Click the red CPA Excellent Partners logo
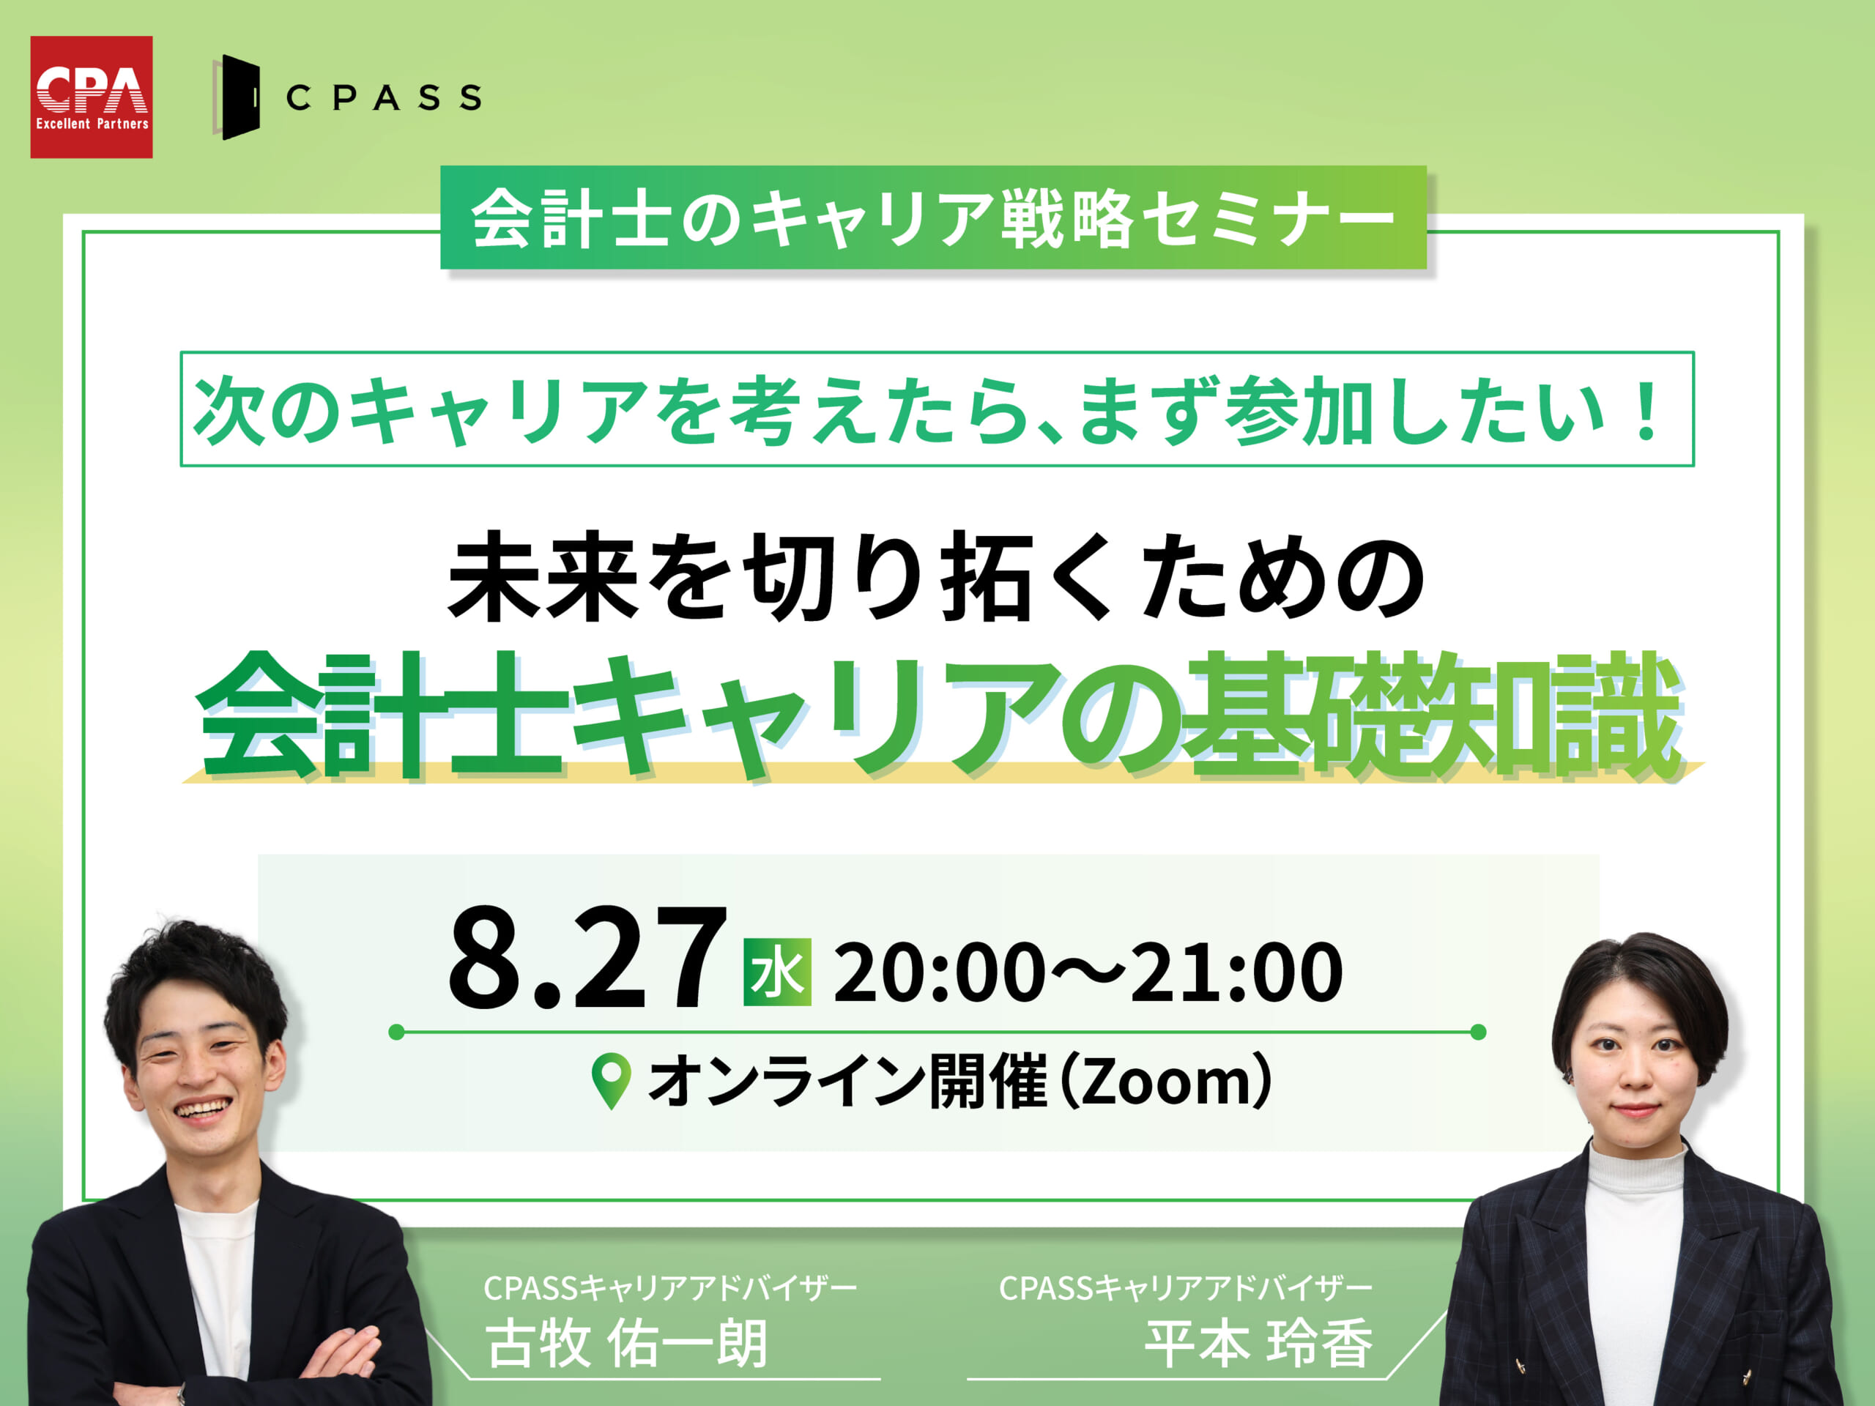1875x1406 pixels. [x=92, y=97]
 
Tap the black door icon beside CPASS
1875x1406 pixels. [x=237, y=97]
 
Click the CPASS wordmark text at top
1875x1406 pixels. [x=384, y=97]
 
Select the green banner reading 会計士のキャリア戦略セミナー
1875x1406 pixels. [x=932, y=217]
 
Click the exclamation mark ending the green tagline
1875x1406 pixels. [x=1648, y=412]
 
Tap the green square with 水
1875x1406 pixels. [x=777, y=972]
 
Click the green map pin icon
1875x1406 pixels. [x=610, y=1082]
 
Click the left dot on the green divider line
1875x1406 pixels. [x=396, y=1031]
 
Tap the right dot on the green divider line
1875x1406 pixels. [x=1478, y=1031]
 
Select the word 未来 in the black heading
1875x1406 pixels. [x=543, y=577]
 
